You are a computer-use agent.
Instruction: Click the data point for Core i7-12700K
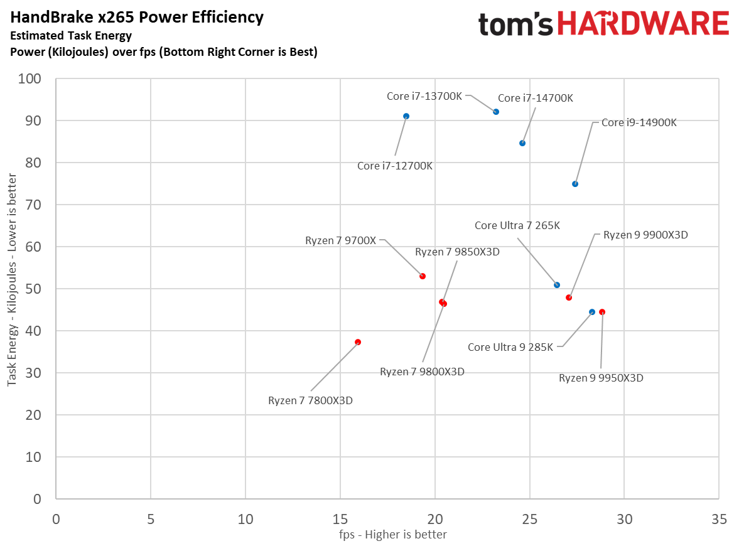pos(406,116)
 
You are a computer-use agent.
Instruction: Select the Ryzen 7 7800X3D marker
pos(358,342)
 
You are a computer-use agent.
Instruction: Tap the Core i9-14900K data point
pos(575,184)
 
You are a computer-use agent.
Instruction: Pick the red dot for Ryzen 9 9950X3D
pos(602,312)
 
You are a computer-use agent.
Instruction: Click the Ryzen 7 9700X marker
pos(423,276)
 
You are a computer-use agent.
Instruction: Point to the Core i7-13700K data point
pos(496,112)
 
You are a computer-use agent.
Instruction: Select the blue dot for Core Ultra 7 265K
pos(557,285)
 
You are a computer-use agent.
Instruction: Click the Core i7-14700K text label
pos(535,98)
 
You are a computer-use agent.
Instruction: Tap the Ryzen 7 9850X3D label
pos(457,252)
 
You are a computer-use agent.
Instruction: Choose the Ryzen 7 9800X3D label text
pos(422,372)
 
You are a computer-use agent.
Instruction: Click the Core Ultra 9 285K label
pos(510,347)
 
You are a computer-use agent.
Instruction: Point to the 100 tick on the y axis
pos(30,79)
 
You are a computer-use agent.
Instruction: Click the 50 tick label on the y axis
pos(33,289)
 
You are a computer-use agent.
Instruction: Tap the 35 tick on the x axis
pos(719,520)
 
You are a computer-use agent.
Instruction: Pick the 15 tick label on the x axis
pos(340,520)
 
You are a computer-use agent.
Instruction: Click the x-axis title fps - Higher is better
pos(387,535)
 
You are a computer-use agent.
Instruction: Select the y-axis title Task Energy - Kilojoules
pos(12,289)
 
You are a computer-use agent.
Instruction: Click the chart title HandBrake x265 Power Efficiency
pos(137,18)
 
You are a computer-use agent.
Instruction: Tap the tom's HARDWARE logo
pos(603,24)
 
